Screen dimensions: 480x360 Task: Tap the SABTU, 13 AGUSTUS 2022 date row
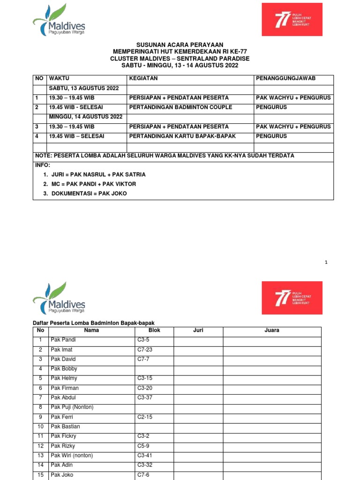pyautogui.click(x=83, y=88)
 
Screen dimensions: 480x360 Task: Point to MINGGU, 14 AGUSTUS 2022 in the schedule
pyautogui.click(x=85, y=117)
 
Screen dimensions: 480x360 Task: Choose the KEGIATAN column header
pyautogui.click(x=143, y=78)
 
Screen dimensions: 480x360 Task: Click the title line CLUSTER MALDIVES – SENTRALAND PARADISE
pyautogui.click(x=180, y=59)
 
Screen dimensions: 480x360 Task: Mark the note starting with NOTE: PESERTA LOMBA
pyautogui.click(x=165, y=156)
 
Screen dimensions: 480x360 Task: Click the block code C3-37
pyautogui.click(x=145, y=397)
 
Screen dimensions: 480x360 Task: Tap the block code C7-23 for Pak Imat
pyautogui.click(x=145, y=350)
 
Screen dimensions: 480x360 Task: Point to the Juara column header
pyautogui.click(x=272, y=330)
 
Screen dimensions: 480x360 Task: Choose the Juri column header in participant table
pyautogui.click(x=198, y=330)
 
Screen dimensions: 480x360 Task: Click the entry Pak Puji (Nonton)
pyautogui.click(x=72, y=407)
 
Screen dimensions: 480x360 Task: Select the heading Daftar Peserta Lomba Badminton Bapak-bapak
pyautogui.click(x=93, y=323)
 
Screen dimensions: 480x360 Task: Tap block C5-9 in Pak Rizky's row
pyautogui.click(x=143, y=446)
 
